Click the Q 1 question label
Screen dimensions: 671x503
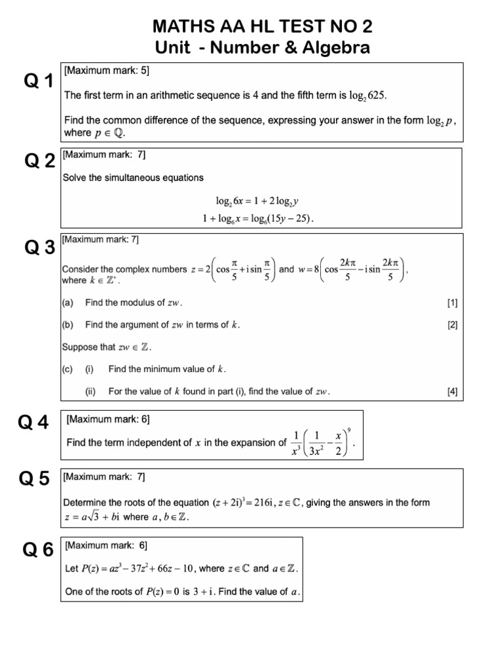tap(39, 81)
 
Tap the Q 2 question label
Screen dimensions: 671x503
tap(39, 161)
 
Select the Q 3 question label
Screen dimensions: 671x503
tap(39, 248)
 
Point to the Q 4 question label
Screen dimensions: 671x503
tap(34, 423)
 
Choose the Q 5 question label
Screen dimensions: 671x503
tap(34, 480)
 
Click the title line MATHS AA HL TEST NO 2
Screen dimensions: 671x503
tap(263, 27)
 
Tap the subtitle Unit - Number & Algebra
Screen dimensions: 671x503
tap(263, 48)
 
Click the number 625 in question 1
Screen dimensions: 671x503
tap(377, 96)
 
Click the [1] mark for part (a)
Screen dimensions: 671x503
tap(452, 303)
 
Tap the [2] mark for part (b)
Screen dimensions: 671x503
tap(452, 324)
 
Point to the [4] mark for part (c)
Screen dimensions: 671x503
tap(452, 392)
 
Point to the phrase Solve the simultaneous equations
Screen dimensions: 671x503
tap(133, 178)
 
